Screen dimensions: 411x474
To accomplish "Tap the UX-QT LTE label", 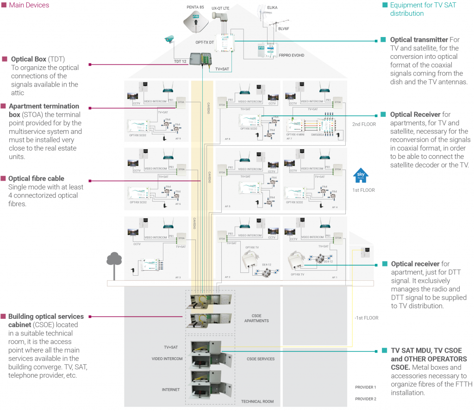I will [220, 8].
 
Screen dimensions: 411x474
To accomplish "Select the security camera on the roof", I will [170, 39].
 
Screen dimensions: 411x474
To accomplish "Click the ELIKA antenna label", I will [272, 7].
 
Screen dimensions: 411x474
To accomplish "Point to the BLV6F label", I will [284, 28].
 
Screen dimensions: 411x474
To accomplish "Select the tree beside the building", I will [113, 261].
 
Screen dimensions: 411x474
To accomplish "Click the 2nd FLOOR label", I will [364, 124].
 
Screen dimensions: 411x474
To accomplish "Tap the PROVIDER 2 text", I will [366, 399].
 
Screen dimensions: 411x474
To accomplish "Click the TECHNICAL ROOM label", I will [257, 401].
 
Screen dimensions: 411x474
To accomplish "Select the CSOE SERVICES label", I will [261, 359].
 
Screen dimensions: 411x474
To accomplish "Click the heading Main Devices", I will [29, 5].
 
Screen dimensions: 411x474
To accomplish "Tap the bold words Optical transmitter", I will [419, 40].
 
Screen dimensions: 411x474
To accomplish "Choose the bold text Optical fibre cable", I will [36, 178].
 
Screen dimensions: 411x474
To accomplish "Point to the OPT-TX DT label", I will [204, 42].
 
